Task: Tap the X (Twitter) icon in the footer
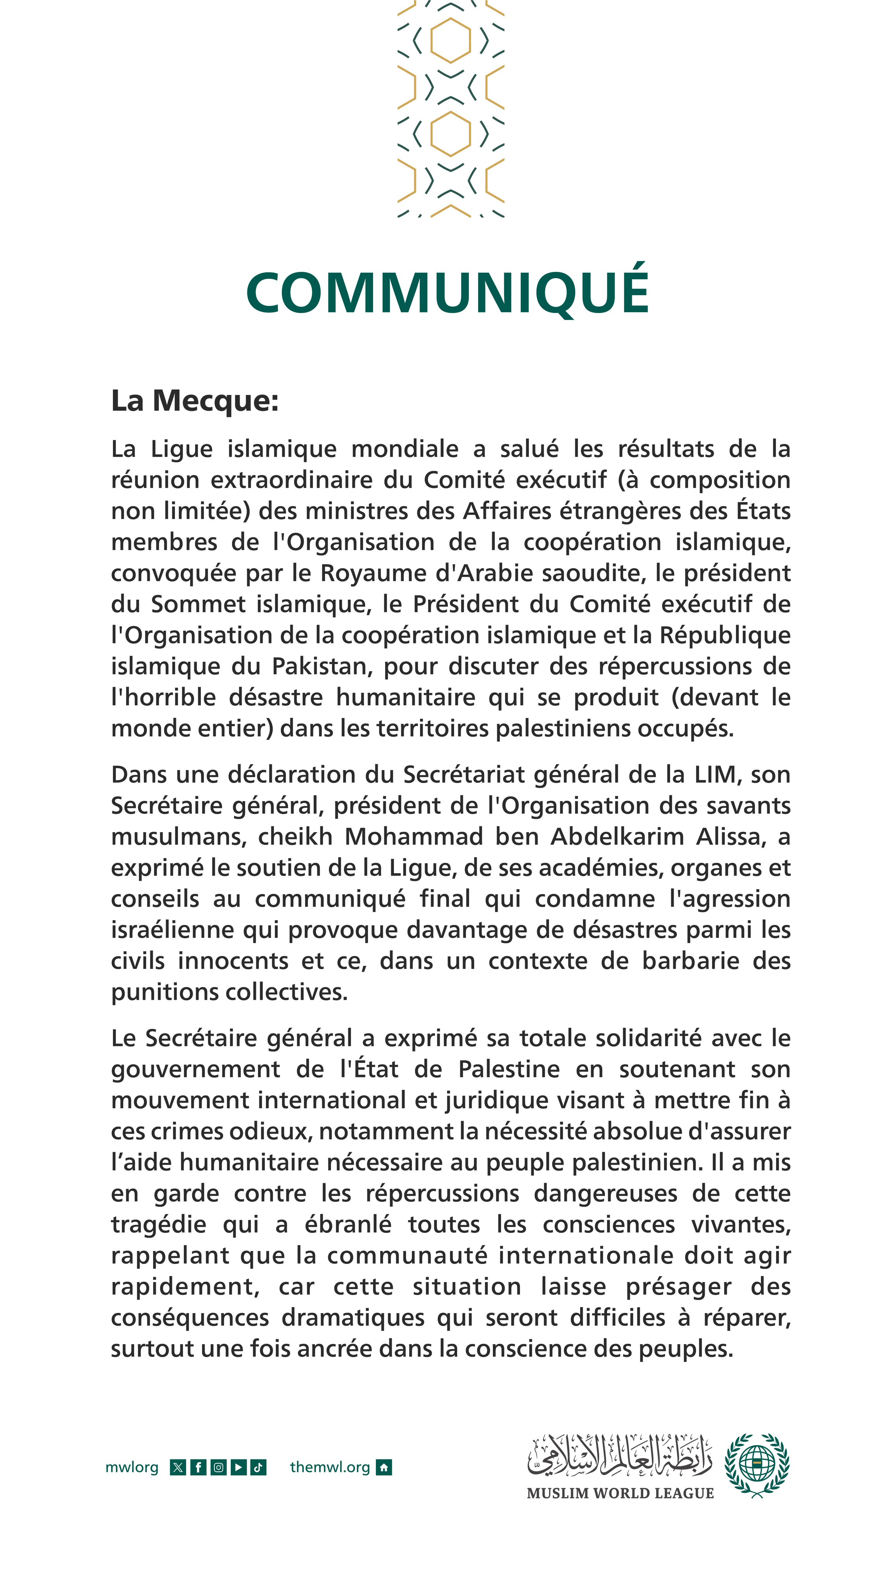point(178,1467)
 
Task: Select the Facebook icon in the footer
point(198,1467)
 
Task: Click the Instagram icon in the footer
point(218,1467)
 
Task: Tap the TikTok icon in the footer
point(258,1467)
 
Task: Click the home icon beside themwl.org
point(384,1467)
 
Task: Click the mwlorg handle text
point(131,1467)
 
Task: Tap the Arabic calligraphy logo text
point(620,1457)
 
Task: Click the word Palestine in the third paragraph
point(509,1069)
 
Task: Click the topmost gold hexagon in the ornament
point(450,40)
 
